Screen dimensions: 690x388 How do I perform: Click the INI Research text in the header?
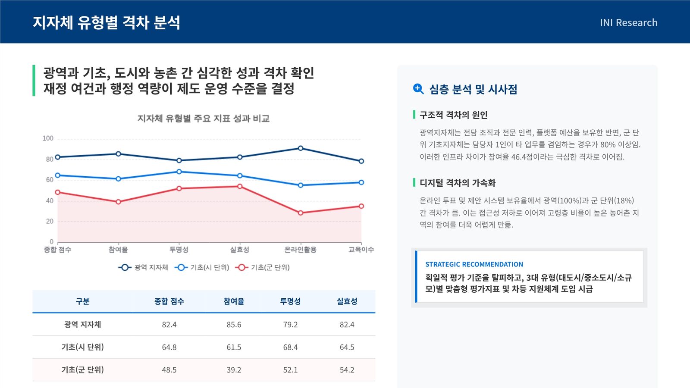click(x=628, y=22)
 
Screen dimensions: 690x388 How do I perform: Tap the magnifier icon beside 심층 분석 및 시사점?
click(x=418, y=89)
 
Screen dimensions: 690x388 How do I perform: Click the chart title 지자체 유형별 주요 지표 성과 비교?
click(x=203, y=118)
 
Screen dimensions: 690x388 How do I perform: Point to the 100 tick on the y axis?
click(x=48, y=138)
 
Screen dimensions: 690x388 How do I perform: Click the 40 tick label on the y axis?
click(x=50, y=201)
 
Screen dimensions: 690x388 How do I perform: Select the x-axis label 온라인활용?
click(x=300, y=250)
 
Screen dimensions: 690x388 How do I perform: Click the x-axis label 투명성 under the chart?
click(x=179, y=250)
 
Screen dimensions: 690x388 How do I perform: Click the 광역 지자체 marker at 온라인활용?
click(x=301, y=148)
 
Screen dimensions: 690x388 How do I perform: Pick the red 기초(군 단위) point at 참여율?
click(x=118, y=202)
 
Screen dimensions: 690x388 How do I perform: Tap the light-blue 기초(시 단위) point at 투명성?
click(x=179, y=172)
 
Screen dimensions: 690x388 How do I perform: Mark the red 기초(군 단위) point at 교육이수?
click(x=361, y=206)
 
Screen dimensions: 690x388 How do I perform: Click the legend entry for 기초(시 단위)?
click(x=202, y=267)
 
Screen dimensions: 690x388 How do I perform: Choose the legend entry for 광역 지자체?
click(x=143, y=267)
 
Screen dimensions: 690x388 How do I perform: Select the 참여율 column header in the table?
click(x=234, y=301)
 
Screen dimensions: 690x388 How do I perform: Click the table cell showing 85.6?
click(x=234, y=324)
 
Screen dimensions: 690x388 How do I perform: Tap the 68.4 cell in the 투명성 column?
click(x=291, y=347)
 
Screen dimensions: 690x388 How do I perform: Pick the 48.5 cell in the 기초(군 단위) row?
click(x=169, y=369)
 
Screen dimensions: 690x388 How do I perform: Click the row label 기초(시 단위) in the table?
click(x=82, y=347)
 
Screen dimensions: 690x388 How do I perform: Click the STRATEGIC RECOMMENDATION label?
click(x=474, y=264)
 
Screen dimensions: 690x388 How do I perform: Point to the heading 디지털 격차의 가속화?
click(x=458, y=183)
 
